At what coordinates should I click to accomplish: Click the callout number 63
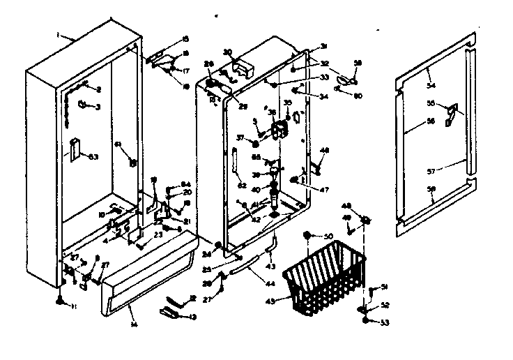[x=93, y=156]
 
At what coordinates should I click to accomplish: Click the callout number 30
[x=227, y=52]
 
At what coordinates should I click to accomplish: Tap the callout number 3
[x=98, y=106]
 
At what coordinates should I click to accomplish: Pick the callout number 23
[x=158, y=234]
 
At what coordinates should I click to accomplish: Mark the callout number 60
[x=358, y=96]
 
